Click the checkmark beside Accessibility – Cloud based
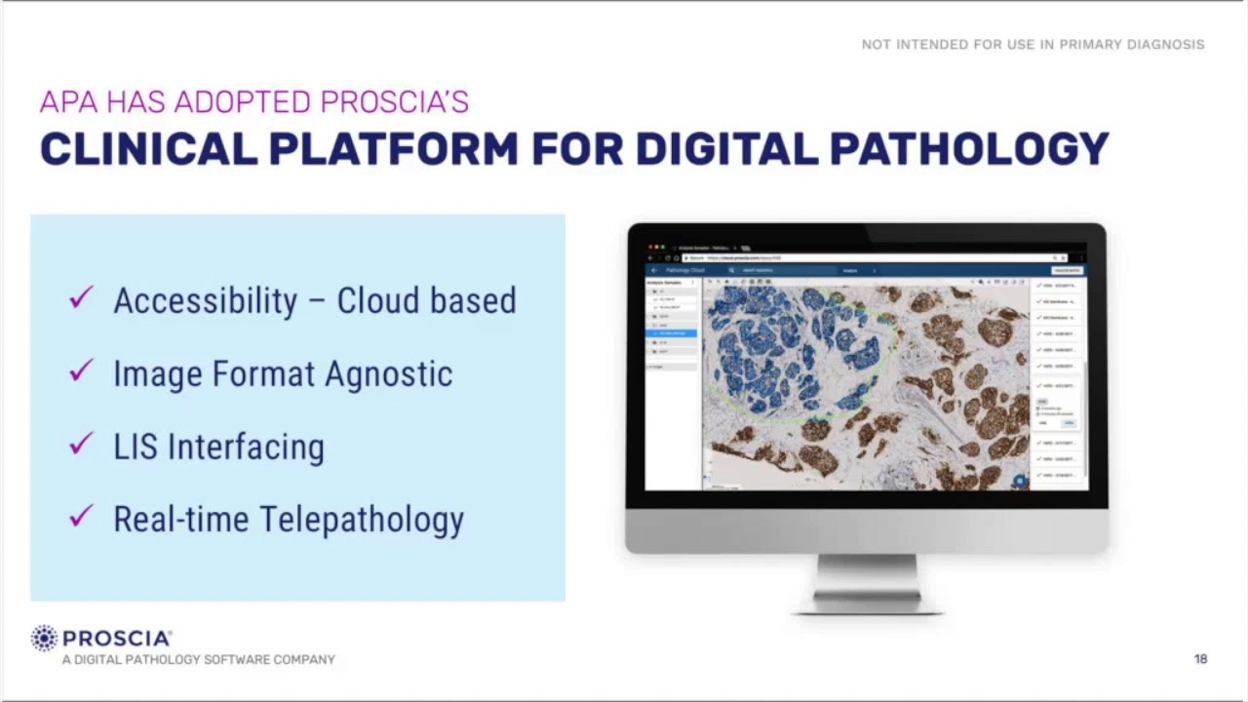[81, 297]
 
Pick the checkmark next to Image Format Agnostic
[81, 370]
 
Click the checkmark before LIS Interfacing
[81, 444]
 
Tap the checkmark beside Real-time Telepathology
[81, 516]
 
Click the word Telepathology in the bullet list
[371, 519]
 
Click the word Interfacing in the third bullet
[246, 447]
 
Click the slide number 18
[1200, 659]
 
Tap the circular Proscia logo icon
[45, 639]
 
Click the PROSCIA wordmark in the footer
[116, 639]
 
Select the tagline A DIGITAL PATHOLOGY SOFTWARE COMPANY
[198, 660]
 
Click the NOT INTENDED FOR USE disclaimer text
[1033, 45]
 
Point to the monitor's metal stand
[867, 583]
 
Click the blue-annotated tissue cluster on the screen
[790, 346]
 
